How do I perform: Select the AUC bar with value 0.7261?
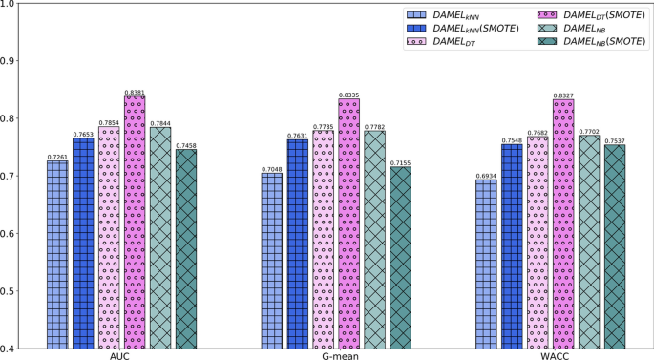coord(57,254)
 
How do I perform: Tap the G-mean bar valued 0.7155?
coord(400,257)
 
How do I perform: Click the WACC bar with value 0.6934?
coord(486,264)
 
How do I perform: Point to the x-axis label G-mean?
coord(336,354)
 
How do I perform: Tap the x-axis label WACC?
coord(550,354)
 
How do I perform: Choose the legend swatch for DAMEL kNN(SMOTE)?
coord(417,30)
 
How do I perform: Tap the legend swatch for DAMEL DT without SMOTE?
coord(417,43)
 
